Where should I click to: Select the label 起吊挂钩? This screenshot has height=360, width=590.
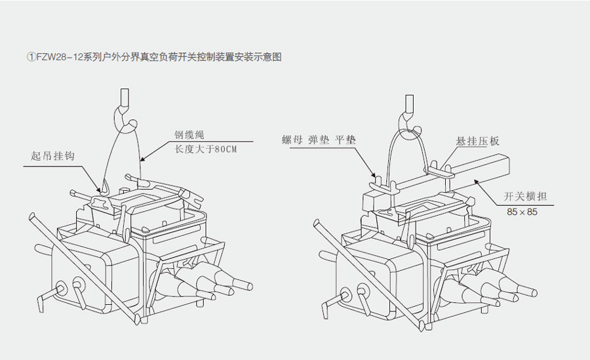tap(52, 156)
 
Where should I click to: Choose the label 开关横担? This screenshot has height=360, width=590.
tap(521, 195)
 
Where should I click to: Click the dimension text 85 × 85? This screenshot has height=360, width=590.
tap(522, 212)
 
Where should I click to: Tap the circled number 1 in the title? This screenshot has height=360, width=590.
tap(30, 57)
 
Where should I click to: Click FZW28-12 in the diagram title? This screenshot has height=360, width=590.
tap(56, 57)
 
